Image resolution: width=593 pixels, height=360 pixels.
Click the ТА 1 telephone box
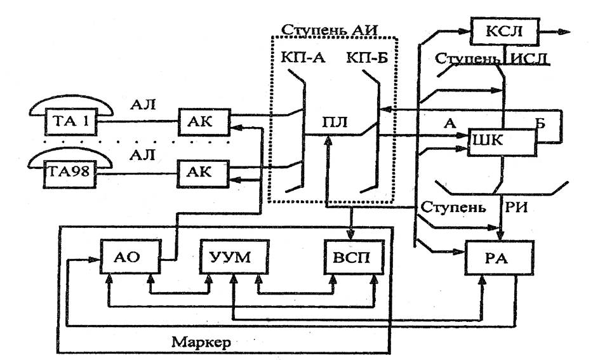pyautogui.click(x=71, y=122)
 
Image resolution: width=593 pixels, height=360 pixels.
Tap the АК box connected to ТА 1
pyautogui.click(x=204, y=122)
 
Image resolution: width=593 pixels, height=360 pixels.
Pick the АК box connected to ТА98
pyautogui.click(x=203, y=173)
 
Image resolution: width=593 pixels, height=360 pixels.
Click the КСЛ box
pyautogui.click(x=504, y=31)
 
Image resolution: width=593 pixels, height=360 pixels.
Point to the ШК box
pyautogui.click(x=502, y=142)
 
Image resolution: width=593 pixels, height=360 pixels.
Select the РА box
pyautogui.click(x=500, y=258)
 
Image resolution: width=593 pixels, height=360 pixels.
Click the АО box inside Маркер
pyautogui.click(x=131, y=256)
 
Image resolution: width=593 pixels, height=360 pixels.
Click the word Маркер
pyautogui.click(x=201, y=342)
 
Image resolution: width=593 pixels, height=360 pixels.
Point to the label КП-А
pyautogui.click(x=303, y=58)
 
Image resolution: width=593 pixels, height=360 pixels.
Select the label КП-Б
pyautogui.click(x=367, y=58)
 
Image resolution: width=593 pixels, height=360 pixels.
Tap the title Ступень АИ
pyautogui.click(x=330, y=29)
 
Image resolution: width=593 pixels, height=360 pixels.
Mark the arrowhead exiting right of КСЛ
pyautogui.click(x=564, y=32)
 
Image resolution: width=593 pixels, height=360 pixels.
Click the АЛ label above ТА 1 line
pyautogui.click(x=143, y=103)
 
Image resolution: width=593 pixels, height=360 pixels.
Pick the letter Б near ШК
pyautogui.click(x=540, y=123)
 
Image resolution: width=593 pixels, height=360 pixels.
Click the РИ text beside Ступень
pyautogui.click(x=516, y=207)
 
